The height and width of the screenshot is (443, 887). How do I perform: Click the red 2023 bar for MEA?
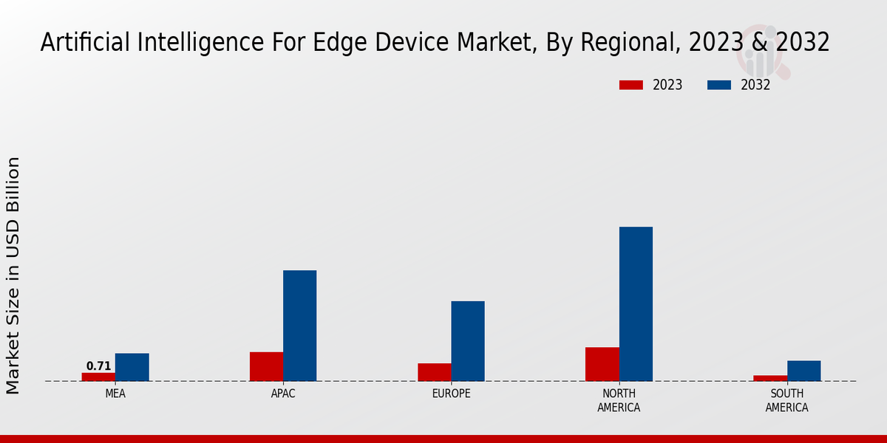(x=98, y=377)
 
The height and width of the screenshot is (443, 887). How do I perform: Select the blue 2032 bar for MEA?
(x=132, y=367)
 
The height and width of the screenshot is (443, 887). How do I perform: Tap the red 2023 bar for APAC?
(x=266, y=366)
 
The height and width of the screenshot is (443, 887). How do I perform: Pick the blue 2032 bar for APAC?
(x=299, y=326)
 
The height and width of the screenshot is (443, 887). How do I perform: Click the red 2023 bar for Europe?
(x=435, y=372)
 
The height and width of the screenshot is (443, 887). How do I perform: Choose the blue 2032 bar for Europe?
(x=468, y=341)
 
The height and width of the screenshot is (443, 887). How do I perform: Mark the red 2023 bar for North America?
(x=602, y=364)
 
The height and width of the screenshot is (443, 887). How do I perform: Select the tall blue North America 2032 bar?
(x=636, y=303)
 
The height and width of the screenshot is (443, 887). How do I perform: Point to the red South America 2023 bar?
(x=770, y=378)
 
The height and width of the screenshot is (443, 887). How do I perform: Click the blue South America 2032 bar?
(x=803, y=371)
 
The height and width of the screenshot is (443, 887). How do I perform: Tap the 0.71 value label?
(x=98, y=366)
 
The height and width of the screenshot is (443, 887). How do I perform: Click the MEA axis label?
(x=115, y=394)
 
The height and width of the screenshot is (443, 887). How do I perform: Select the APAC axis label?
(x=283, y=394)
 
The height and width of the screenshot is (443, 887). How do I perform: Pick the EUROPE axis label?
(x=451, y=394)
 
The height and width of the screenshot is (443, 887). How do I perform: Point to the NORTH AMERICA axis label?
(x=619, y=400)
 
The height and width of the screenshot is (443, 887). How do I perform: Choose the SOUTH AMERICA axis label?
(x=786, y=400)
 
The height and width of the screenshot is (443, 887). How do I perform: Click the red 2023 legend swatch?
(x=631, y=85)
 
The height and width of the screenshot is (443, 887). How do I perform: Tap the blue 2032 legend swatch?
(x=719, y=85)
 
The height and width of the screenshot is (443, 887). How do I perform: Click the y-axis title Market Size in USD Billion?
(x=13, y=275)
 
